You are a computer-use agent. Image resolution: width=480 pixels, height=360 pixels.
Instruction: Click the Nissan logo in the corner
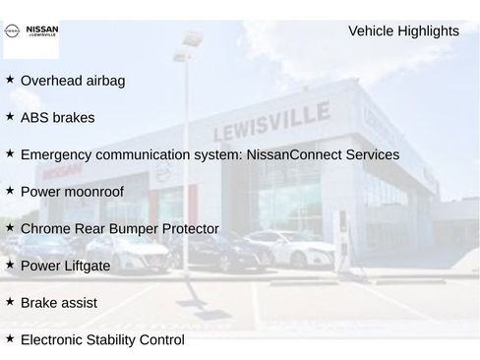(x=32, y=35)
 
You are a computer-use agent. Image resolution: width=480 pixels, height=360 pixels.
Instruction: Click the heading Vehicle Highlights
(x=403, y=31)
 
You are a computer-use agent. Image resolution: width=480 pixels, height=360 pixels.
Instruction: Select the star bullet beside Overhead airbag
(x=10, y=80)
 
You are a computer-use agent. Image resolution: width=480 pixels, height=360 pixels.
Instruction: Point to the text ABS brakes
(x=57, y=118)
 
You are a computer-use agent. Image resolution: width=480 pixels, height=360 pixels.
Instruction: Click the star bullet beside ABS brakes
(x=10, y=117)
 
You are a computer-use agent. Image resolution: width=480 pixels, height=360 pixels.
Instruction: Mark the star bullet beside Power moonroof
(x=10, y=191)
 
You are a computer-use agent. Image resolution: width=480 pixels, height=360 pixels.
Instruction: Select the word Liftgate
(x=86, y=267)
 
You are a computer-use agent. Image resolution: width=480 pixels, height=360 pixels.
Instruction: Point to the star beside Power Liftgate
(x=10, y=266)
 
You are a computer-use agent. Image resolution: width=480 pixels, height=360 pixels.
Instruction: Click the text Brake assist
(x=58, y=303)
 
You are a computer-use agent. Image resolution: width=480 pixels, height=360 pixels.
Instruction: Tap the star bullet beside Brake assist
(x=10, y=302)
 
